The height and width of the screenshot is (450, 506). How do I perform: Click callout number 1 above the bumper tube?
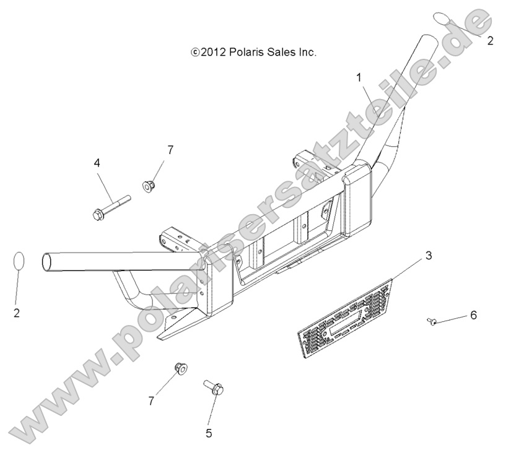[x=359, y=78]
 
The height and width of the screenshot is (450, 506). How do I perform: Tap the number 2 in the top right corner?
[x=490, y=41]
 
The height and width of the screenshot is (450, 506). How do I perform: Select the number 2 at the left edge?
[x=17, y=313]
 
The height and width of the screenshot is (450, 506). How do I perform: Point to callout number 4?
[x=97, y=163]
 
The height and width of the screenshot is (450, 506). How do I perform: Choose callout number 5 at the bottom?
[x=209, y=433]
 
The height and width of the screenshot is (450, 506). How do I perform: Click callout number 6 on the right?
[x=473, y=315]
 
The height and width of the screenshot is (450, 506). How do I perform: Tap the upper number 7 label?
[x=170, y=150]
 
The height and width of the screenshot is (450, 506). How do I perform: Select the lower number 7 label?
[x=151, y=401]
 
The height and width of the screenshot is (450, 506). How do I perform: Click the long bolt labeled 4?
[x=111, y=207]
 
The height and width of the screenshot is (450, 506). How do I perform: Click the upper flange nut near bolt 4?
[x=149, y=186]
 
